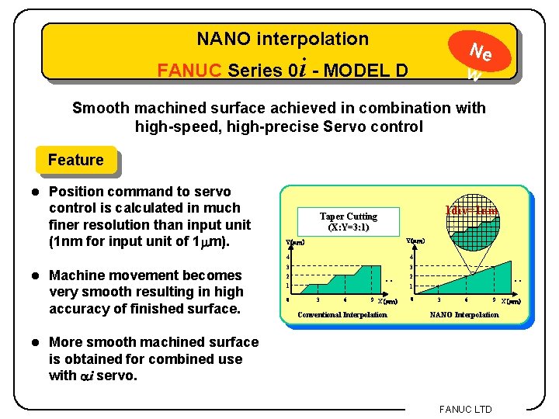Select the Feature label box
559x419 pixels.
75,160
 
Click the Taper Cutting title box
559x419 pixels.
349,221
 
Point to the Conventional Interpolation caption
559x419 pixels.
342,314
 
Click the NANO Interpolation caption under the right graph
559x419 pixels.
465,314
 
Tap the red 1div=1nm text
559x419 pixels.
470,210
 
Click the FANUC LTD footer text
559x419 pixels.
465,409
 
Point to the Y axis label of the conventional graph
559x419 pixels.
295,243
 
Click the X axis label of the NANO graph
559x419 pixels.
510,300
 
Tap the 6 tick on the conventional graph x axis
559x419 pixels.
345,299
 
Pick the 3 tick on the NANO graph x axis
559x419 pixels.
439,299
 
